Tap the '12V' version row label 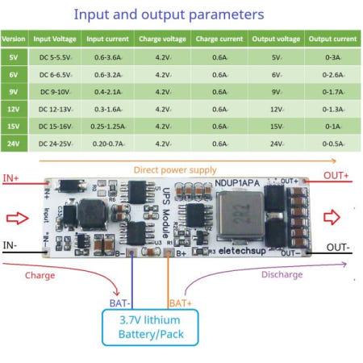[13, 109]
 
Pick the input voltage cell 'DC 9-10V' [54, 91]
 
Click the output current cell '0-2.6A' [333, 73]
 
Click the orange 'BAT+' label [179, 302]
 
